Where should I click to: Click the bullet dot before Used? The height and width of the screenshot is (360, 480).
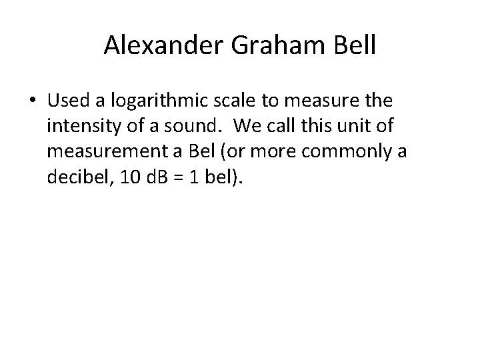point(33,101)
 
